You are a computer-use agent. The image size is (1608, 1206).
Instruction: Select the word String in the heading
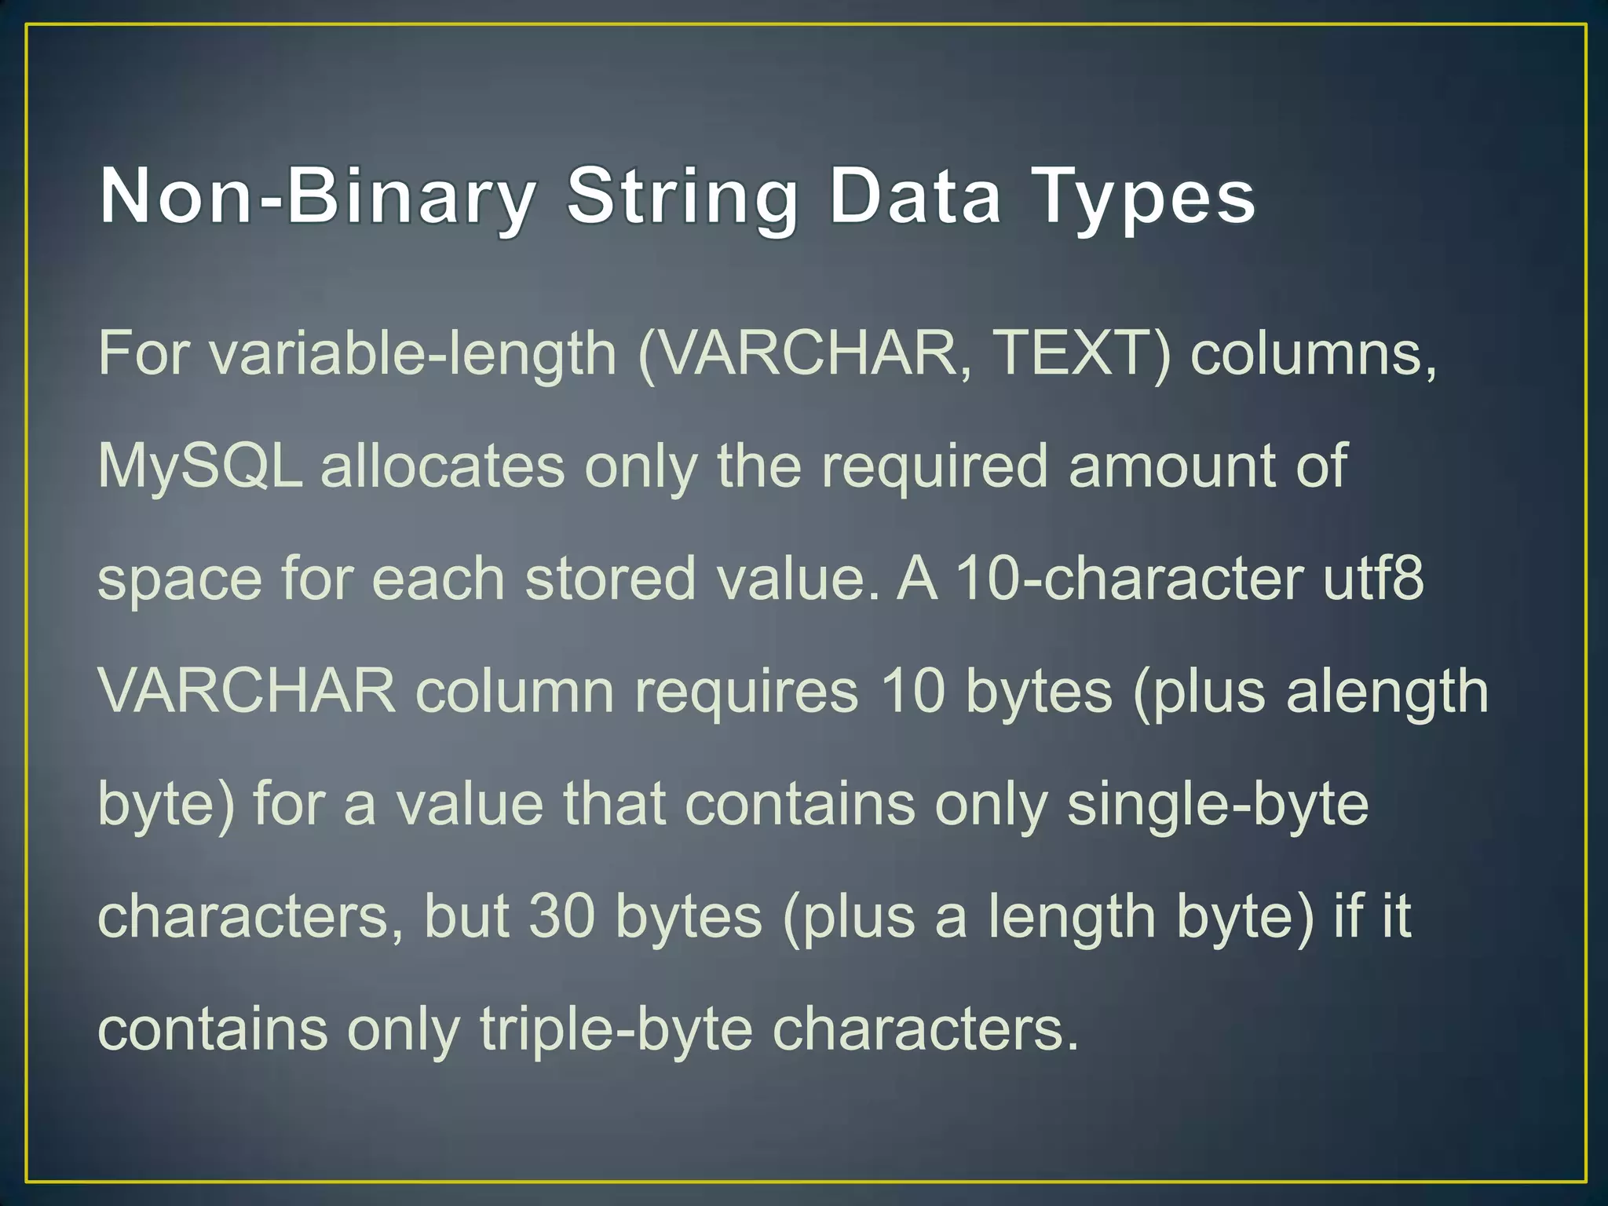682,198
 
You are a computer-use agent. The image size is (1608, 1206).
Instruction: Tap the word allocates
443,466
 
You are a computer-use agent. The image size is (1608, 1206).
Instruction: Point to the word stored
610,579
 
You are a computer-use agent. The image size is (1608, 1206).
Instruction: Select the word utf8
1373,579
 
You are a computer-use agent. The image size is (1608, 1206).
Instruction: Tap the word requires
747,692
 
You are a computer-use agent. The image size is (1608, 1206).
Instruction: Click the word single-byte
1218,806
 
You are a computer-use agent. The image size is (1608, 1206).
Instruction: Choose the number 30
561,916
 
